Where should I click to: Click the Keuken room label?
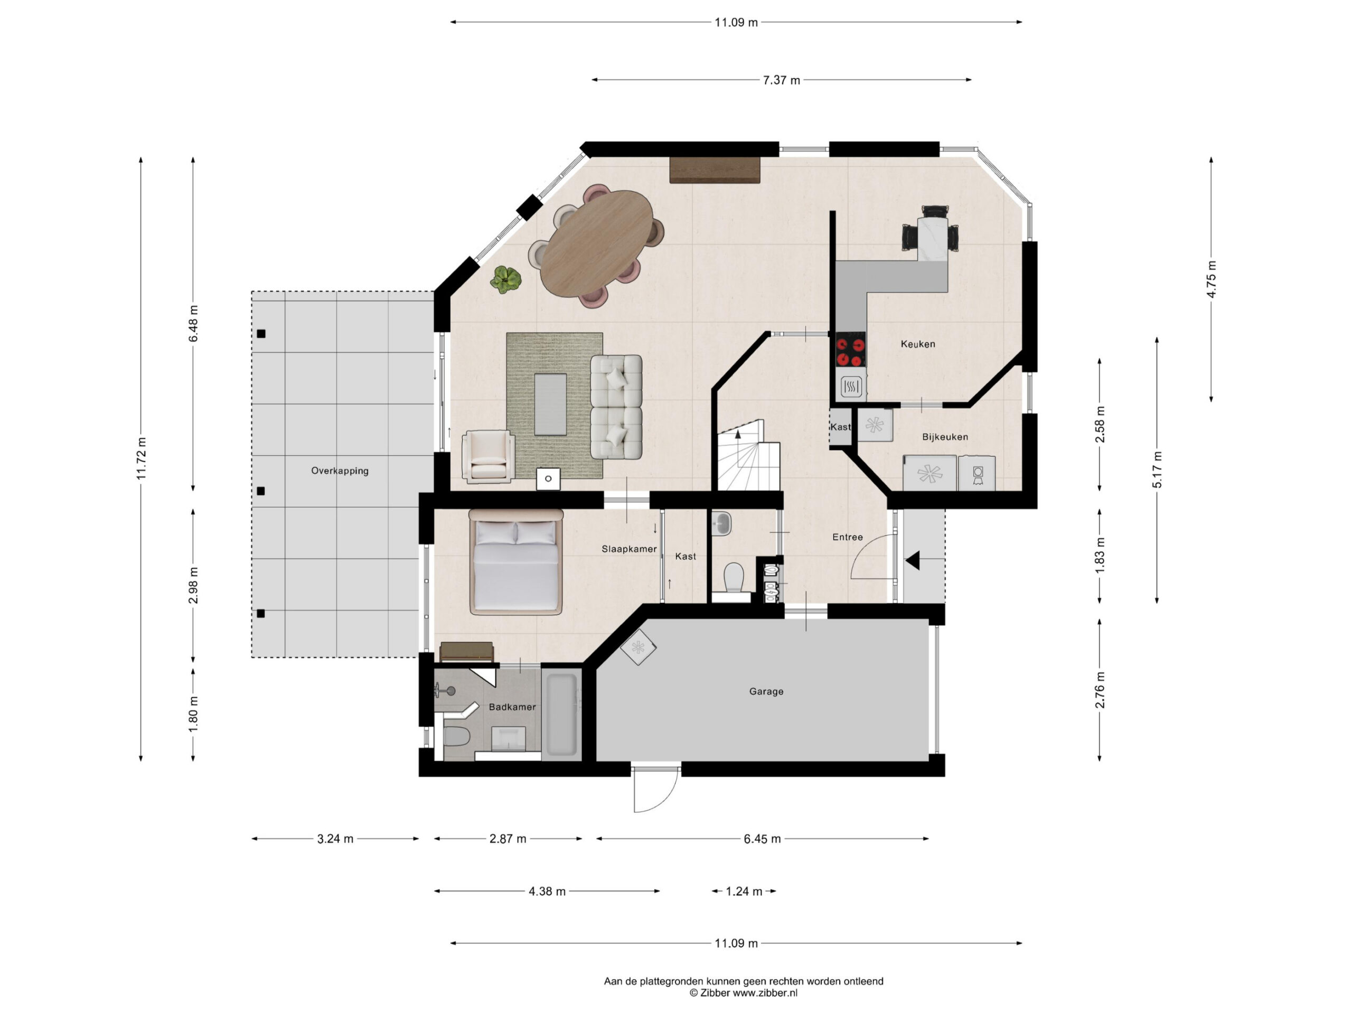click(x=917, y=344)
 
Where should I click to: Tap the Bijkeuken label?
click(x=945, y=437)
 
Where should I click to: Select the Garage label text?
click(x=766, y=691)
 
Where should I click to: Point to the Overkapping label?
click(x=340, y=471)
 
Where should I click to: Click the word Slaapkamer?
click(x=629, y=549)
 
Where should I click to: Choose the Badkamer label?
click(x=512, y=707)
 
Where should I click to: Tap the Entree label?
click(x=848, y=537)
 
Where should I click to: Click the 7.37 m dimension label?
click(x=781, y=80)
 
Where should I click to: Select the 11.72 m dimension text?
click(x=141, y=458)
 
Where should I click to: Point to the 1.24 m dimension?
click(x=744, y=891)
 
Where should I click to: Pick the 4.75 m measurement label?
click(x=1211, y=279)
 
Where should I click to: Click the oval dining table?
click(x=597, y=243)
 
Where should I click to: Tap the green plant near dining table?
click(x=506, y=279)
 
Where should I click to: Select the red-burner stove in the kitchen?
click(x=851, y=349)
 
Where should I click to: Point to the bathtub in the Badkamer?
click(x=561, y=714)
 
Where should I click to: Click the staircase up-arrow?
click(x=738, y=435)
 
